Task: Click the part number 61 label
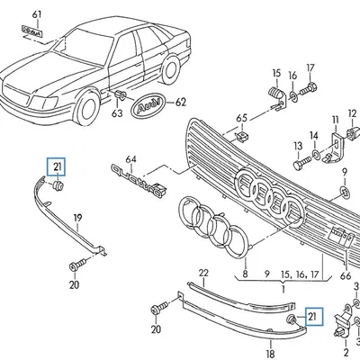click(36, 15)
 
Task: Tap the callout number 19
click(77, 217)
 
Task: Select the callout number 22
click(203, 273)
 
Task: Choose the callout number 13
click(297, 147)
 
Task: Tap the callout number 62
click(181, 103)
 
